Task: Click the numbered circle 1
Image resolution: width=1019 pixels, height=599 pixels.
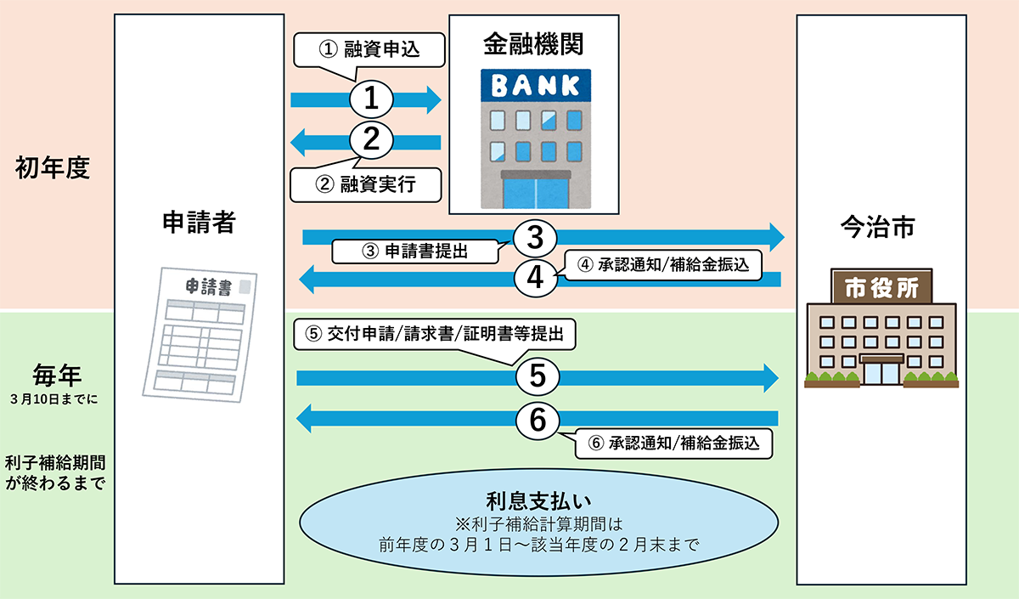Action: pos(370,99)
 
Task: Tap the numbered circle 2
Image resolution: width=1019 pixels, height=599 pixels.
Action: pos(370,139)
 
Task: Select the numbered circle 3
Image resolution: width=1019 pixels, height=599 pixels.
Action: pos(535,237)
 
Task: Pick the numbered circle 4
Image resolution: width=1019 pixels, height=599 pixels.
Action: pos(535,276)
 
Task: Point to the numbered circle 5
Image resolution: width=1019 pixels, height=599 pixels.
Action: pos(537,376)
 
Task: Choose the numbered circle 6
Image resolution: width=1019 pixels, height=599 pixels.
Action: pos(537,417)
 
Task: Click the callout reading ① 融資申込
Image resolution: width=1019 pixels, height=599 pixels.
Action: pos(369,50)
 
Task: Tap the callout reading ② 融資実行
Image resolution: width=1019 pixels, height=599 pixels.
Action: pos(365,184)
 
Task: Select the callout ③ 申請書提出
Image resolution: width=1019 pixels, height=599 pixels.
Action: pos(415,251)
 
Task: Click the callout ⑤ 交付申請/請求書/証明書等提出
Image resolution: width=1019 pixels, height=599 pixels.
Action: pos(435,334)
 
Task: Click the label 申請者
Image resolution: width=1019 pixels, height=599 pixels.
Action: pos(199,223)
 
